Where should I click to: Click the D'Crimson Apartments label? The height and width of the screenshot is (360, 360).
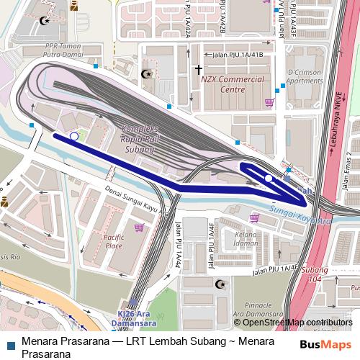(305, 77)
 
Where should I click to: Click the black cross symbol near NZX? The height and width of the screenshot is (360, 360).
(198, 70)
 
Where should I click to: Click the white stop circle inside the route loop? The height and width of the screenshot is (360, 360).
(269, 178)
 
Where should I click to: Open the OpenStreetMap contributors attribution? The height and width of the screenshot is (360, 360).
(297, 323)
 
